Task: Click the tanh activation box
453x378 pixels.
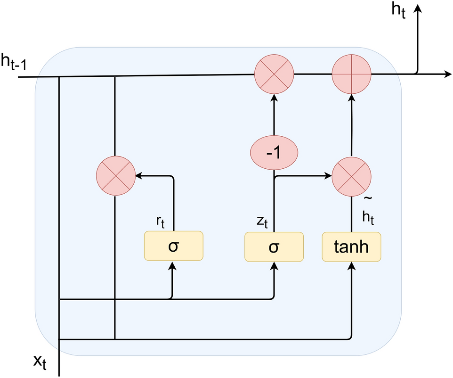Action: pos(351,246)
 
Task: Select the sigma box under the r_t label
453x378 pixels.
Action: pos(173,246)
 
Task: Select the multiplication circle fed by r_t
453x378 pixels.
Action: pos(115,176)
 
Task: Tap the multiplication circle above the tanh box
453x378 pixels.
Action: pos(351,176)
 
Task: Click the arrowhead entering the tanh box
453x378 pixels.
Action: pos(351,266)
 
